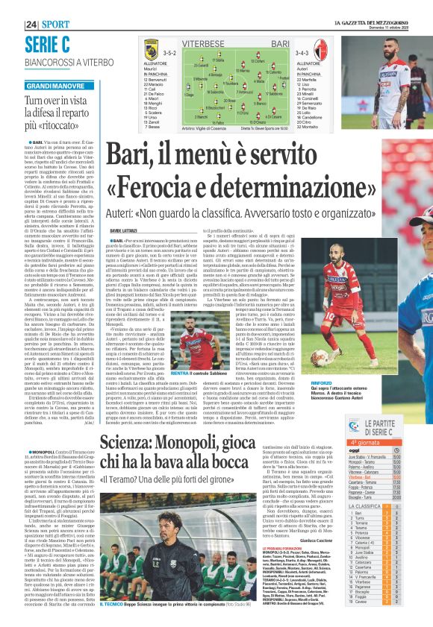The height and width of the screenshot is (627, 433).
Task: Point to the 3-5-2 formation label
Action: [169, 54]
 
